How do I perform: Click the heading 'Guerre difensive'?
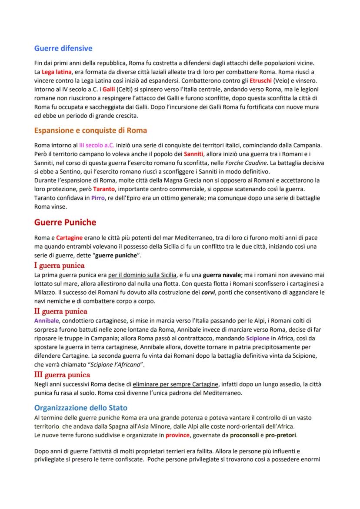tap(63, 48)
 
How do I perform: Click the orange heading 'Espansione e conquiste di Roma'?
tap(90, 130)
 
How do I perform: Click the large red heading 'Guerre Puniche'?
tap(65, 223)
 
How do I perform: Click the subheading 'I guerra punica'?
tap(59, 265)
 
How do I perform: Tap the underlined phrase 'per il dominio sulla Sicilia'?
tap(143, 275)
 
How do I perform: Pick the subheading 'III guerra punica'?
tap(62, 374)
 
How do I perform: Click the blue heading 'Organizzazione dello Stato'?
tap(81, 408)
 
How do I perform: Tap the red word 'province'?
tap(177, 435)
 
